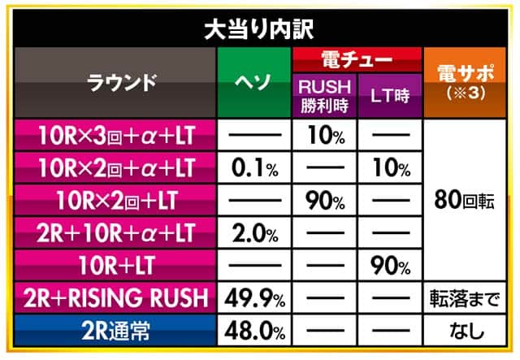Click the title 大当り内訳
pos(259,29)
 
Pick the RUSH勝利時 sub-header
pos(323,94)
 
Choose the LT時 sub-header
pos(389,94)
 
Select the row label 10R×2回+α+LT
pos(115,168)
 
